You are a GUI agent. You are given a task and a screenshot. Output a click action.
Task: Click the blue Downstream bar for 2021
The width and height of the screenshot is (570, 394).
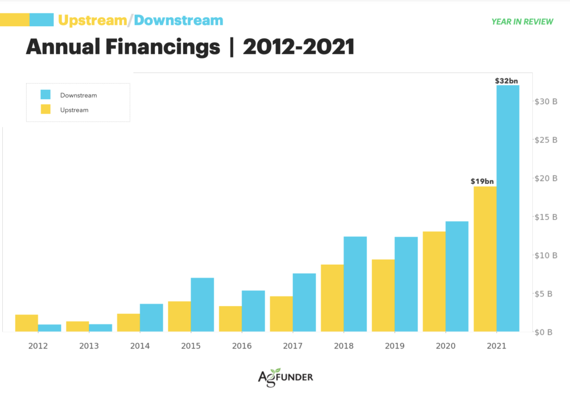click(x=508, y=208)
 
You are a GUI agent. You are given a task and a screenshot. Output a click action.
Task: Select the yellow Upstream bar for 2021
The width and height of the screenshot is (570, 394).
click(x=485, y=259)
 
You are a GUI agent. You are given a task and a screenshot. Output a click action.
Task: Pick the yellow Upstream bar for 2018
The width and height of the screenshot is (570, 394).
click(x=332, y=298)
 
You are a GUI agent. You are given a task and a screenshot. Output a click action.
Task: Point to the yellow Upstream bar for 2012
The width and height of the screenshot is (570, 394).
click(x=27, y=323)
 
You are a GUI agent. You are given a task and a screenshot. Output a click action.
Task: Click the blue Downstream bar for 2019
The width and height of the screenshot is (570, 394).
click(x=406, y=284)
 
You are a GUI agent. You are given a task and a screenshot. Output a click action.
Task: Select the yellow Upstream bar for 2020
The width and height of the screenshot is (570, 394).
click(x=434, y=281)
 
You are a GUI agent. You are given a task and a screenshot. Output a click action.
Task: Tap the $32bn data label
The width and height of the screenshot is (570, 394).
click(x=507, y=81)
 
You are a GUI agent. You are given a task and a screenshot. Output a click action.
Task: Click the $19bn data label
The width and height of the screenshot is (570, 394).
click(x=482, y=181)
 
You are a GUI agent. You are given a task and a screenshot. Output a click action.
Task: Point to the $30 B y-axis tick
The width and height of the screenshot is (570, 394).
click(x=546, y=101)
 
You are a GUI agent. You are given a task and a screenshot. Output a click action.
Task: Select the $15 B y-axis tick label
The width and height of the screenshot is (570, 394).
click(x=546, y=217)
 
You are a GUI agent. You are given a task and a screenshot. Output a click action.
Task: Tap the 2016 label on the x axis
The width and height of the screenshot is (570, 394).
click(x=242, y=346)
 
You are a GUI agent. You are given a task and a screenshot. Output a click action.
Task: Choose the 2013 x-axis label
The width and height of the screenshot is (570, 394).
click(x=89, y=346)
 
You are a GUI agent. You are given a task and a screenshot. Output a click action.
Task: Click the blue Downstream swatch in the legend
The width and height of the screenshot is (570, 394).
click(x=46, y=95)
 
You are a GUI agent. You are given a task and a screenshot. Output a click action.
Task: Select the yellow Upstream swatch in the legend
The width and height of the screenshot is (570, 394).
click(x=46, y=110)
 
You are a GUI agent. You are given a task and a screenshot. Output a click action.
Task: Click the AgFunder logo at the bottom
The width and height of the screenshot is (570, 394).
click(x=285, y=377)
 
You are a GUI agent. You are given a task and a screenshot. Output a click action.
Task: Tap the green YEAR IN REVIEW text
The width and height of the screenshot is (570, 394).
click(x=522, y=22)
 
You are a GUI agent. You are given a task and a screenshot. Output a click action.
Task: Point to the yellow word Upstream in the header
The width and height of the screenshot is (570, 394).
click(x=92, y=21)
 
